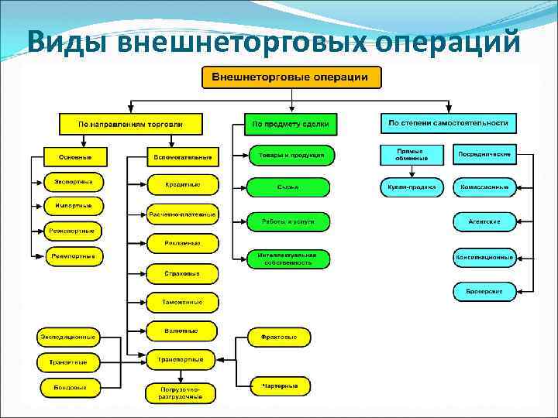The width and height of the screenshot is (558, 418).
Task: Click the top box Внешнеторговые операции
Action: (x=291, y=77)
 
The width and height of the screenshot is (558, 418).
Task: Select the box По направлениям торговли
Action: (x=130, y=124)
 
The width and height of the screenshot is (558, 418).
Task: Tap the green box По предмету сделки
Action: (x=291, y=124)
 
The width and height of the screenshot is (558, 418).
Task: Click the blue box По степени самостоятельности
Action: (x=449, y=123)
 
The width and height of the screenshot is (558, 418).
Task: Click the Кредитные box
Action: (x=182, y=184)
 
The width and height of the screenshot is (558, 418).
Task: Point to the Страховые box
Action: (x=182, y=273)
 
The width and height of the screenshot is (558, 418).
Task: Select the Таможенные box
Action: (x=182, y=302)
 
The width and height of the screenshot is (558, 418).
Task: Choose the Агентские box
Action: (x=484, y=221)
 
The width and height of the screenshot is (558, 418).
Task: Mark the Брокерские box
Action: (x=484, y=291)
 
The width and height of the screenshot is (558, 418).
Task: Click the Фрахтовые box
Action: (x=280, y=337)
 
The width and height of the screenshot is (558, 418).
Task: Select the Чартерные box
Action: (x=280, y=385)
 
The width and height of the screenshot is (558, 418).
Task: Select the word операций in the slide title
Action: (x=449, y=43)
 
